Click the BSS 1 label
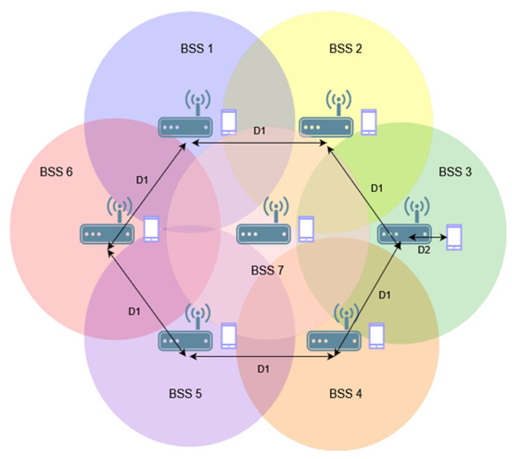click(197, 48)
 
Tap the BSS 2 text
click(345, 48)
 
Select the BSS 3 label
click(455, 172)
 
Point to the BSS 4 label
click(345, 393)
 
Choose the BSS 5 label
click(185, 393)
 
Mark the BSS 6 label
click(56, 172)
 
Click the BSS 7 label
click(267, 270)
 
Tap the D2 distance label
click(424, 250)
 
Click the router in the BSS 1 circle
click(185, 127)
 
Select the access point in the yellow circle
click(326, 127)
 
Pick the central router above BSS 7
click(263, 234)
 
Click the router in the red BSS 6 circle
click(107, 234)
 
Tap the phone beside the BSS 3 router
click(454, 237)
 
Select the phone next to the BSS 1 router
click(229, 122)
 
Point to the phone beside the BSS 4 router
click(377, 336)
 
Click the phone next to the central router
click(307, 229)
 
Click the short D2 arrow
click(428, 237)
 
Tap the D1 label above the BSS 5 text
click(263, 369)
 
